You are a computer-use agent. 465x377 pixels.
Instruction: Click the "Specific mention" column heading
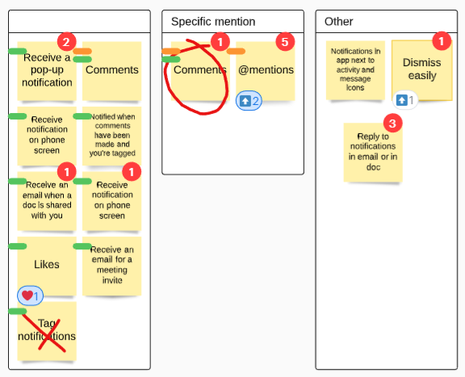click(213, 22)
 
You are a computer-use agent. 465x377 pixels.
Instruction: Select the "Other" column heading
click(339, 22)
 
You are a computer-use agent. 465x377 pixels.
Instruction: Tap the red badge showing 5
click(285, 42)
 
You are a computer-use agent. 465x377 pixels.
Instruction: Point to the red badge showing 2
click(67, 42)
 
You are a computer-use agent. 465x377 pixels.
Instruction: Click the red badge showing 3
click(392, 124)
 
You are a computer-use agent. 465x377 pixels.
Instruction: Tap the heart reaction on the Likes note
click(30, 295)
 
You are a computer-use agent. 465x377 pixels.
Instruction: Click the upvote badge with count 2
click(249, 101)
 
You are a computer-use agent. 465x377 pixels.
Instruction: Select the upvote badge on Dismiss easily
click(405, 100)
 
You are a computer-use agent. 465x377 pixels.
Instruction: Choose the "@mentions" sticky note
click(266, 71)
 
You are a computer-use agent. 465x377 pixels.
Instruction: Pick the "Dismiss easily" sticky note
click(422, 70)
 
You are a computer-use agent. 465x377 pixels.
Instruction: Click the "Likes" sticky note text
click(47, 264)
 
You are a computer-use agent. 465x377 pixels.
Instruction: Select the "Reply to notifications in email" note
click(373, 152)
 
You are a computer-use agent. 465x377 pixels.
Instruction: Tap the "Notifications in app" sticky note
click(355, 70)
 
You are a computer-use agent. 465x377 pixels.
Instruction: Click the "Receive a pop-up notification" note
click(47, 71)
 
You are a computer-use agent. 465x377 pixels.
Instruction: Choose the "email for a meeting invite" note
click(111, 266)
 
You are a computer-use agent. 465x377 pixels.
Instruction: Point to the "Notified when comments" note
click(111, 136)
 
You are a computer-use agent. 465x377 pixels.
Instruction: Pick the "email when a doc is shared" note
click(47, 201)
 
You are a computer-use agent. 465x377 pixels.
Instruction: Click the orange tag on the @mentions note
click(236, 52)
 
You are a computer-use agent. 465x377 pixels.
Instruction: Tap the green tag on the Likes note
click(18, 246)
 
